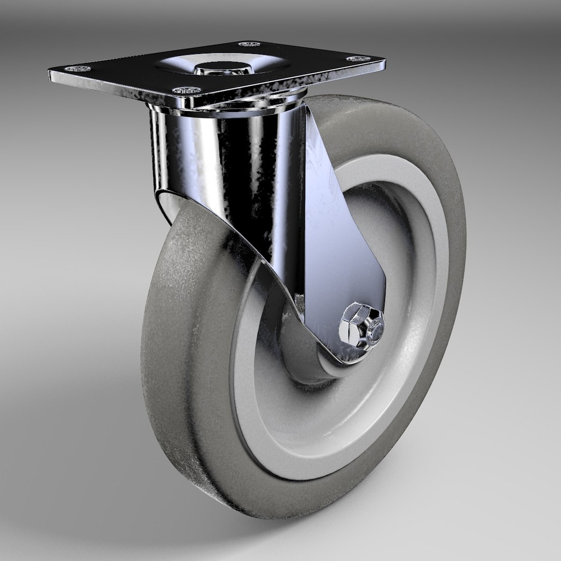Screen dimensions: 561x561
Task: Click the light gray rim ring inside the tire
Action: point(260,416)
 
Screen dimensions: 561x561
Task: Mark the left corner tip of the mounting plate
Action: point(50,71)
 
